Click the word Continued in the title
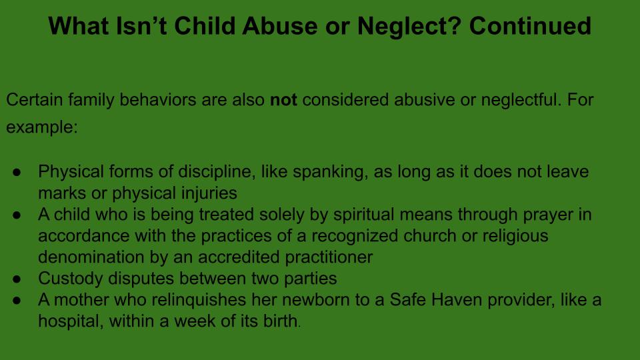pos(530,26)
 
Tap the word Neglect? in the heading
pos(409,27)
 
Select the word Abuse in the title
pos(280,26)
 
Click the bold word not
pos(283,100)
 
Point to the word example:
pos(41,127)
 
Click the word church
pos(430,236)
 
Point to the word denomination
pos(91,257)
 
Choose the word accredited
pos(239,257)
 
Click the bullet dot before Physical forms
pos(17,172)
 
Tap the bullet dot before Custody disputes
pos(17,279)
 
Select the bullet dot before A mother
pos(17,301)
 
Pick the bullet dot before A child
pos(17,215)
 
